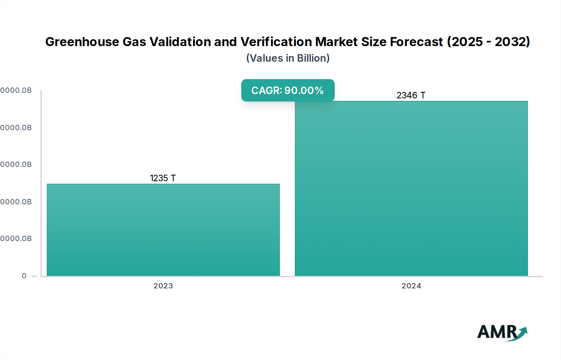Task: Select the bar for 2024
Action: click(x=411, y=188)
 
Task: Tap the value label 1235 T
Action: click(x=163, y=178)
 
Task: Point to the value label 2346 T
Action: click(x=411, y=95)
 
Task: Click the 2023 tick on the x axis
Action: click(x=163, y=286)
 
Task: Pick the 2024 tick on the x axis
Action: click(x=411, y=286)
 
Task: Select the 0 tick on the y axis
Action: click(x=24, y=276)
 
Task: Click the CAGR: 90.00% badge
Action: click(x=288, y=90)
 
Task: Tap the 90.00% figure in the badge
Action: click(x=304, y=90)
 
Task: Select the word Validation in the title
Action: click(x=181, y=42)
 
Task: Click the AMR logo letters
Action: click(x=496, y=332)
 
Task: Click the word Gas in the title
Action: click(x=134, y=42)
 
